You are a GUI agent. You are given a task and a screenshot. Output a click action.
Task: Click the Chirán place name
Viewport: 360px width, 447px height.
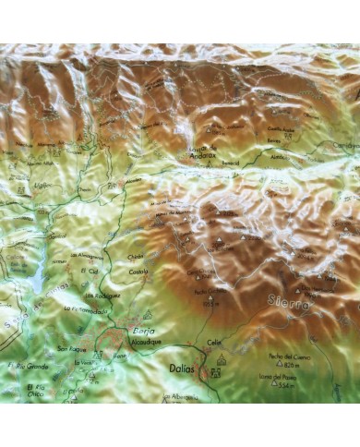tap(137, 258)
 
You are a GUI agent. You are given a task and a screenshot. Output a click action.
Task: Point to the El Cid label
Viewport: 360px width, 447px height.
tap(90, 271)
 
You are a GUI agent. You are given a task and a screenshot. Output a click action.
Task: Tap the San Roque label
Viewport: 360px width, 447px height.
tap(70, 348)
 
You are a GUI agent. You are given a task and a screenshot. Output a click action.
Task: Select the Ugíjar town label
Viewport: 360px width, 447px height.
tap(40, 185)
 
